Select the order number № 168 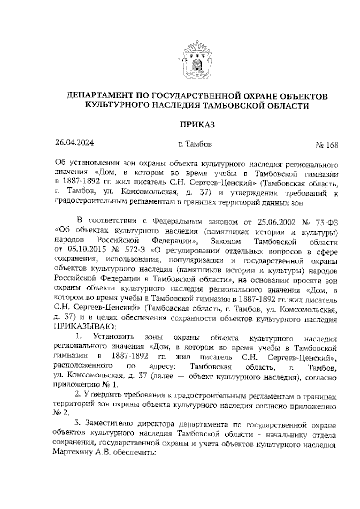click(x=327, y=146)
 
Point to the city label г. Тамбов click(x=195, y=144)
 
